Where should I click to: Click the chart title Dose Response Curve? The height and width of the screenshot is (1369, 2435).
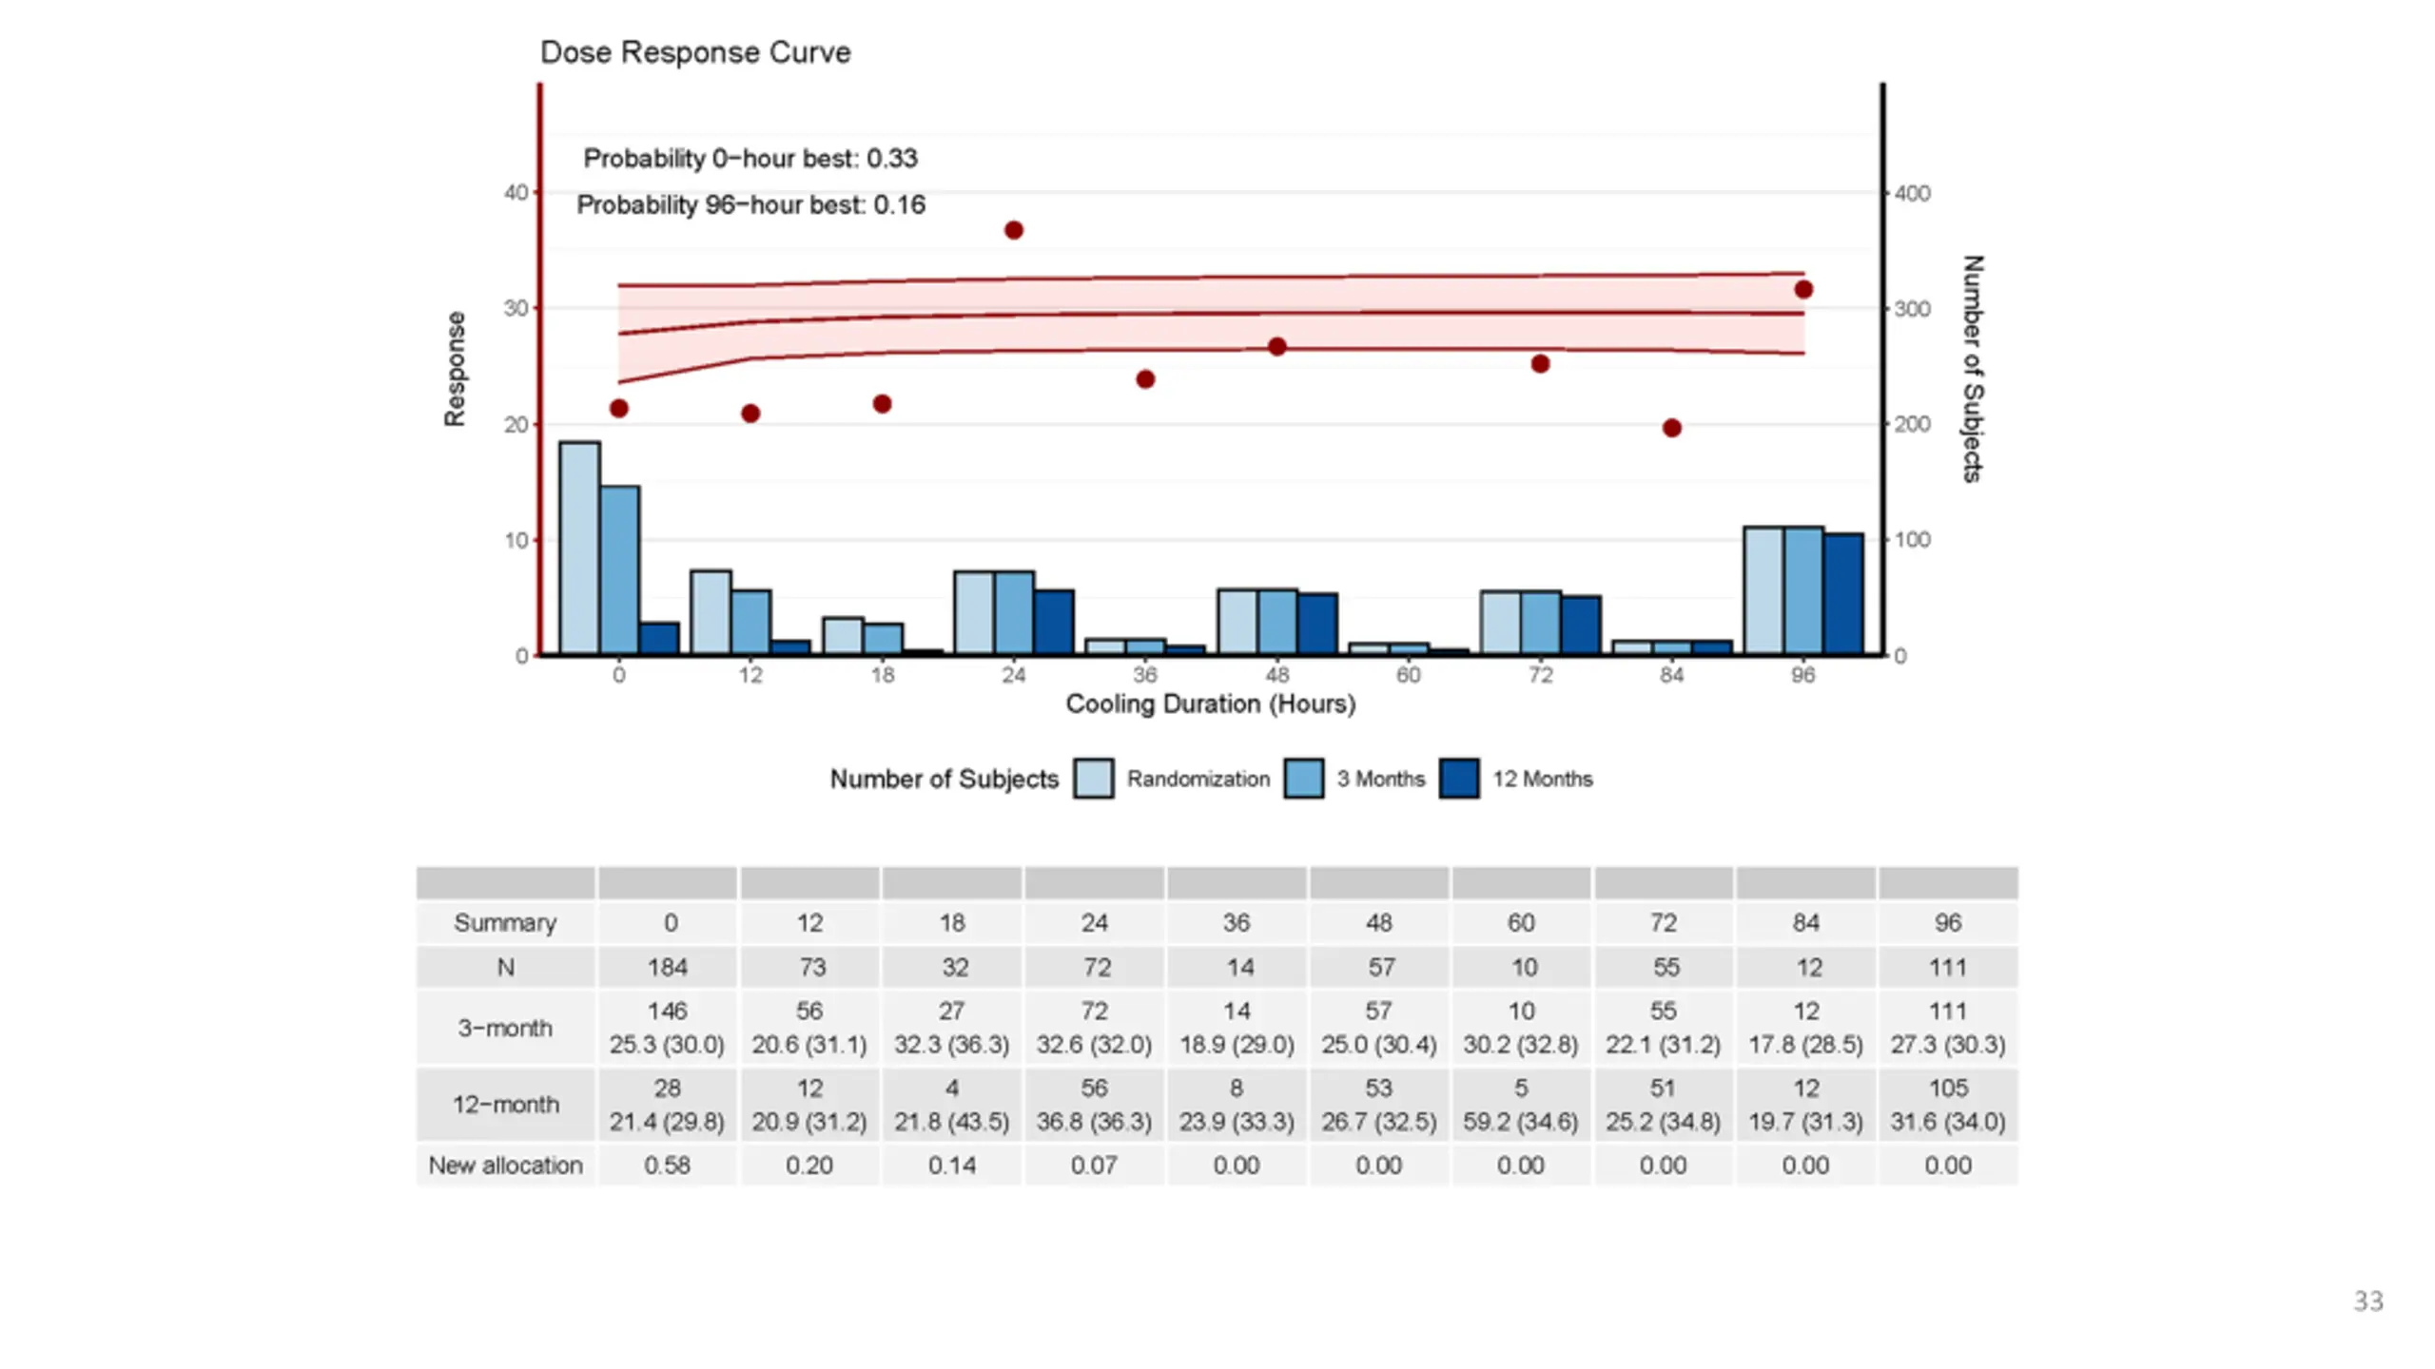pyautogui.click(x=695, y=52)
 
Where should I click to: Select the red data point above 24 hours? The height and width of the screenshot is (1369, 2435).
pyautogui.click(x=1014, y=230)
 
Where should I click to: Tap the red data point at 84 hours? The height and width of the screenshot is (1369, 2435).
pyautogui.click(x=1672, y=428)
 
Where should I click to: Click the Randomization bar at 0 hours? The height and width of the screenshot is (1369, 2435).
pyautogui.click(x=579, y=548)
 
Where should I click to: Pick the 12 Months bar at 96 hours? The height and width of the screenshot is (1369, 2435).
pyautogui.click(x=1843, y=594)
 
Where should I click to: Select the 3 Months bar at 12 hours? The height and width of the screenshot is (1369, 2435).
pyautogui.click(x=751, y=622)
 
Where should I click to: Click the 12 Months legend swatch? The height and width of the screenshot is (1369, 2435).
pyautogui.click(x=1459, y=779)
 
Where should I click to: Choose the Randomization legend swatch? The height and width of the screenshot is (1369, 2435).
pyautogui.click(x=1094, y=779)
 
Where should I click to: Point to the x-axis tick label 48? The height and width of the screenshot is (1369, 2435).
pyautogui.click(x=1276, y=675)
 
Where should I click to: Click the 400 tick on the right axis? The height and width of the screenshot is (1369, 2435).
pyautogui.click(x=1912, y=193)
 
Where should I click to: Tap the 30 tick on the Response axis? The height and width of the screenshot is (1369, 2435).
pyautogui.click(x=516, y=308)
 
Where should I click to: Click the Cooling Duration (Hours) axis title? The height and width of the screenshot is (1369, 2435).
pyautogui.click(x=1211, y=704)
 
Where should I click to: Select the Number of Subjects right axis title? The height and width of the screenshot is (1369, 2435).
pyautogui.click(x=1973, y=369)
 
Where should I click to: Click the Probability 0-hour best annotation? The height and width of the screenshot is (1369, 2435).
pyautogui.click(x=750, y=159)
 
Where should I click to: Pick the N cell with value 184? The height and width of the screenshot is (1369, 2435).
pyautogui.click(x=668, y=968)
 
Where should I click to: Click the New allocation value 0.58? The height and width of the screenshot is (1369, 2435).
pyautogui.click(x=668, y=1166)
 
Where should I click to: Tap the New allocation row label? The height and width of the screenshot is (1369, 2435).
pyautogui.click(x=505, y=1166)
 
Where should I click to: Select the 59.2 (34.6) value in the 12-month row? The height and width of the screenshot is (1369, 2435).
pyautogui.click(x=1521, y=1122)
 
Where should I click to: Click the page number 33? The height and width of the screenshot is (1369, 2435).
pyautogui.click(x=2368, y=1302)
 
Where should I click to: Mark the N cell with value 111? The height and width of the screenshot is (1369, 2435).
pyautogui.click(x=1948, y=968)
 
